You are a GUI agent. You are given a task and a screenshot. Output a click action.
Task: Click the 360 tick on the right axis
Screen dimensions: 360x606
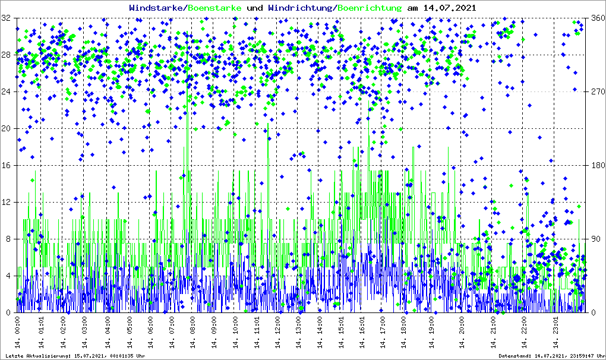click(x=596, y=18)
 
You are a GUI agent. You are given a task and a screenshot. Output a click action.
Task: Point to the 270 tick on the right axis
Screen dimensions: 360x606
click(x=596, y=92)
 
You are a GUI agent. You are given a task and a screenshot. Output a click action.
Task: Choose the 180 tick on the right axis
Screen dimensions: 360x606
click(x=596, y=166)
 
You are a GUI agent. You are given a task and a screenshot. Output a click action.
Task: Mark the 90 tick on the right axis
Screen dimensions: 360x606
click(x=594, y=239)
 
